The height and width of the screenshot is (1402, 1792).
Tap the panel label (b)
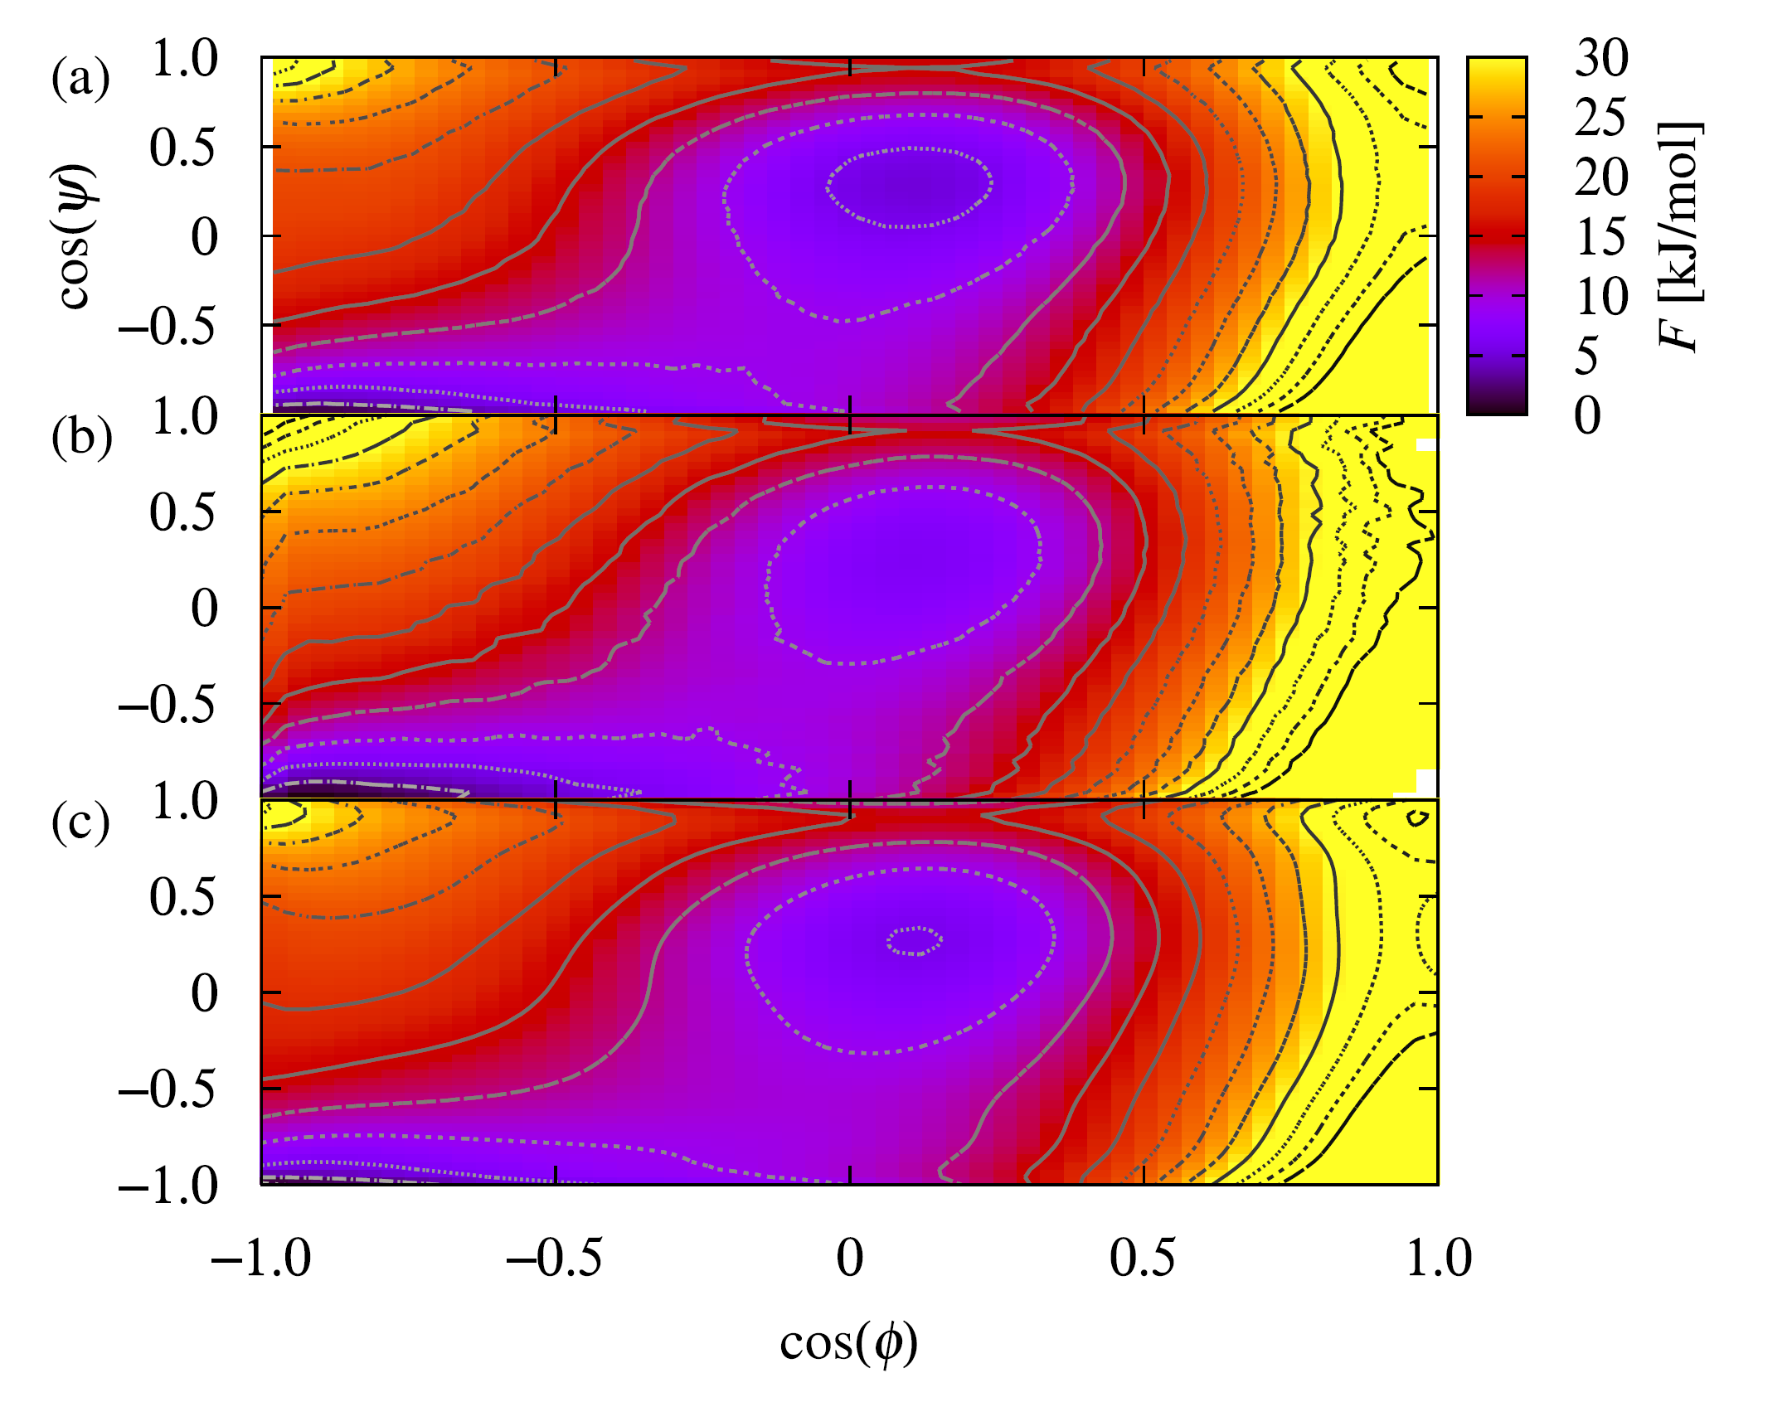coord(81,438)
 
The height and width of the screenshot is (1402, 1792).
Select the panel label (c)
coord(80,824)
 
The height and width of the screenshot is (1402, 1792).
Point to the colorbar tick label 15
coord(1601,237)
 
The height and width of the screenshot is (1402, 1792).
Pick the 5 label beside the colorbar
coord(1586,357)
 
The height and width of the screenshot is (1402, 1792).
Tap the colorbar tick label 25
coord(1601,118)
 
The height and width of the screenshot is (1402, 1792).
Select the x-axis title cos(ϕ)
coord(849,1344)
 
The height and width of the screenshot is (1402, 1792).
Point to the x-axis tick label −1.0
coord(261,1258)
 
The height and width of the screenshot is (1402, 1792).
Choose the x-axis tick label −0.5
coord(554,1258)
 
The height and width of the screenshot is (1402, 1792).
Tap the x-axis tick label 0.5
coord(1143,1258)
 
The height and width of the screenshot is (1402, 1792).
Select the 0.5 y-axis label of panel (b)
coord(182,512)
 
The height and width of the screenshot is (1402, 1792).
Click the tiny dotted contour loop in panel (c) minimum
coord(915,941)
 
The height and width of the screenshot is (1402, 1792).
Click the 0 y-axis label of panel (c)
coord(204,992)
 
